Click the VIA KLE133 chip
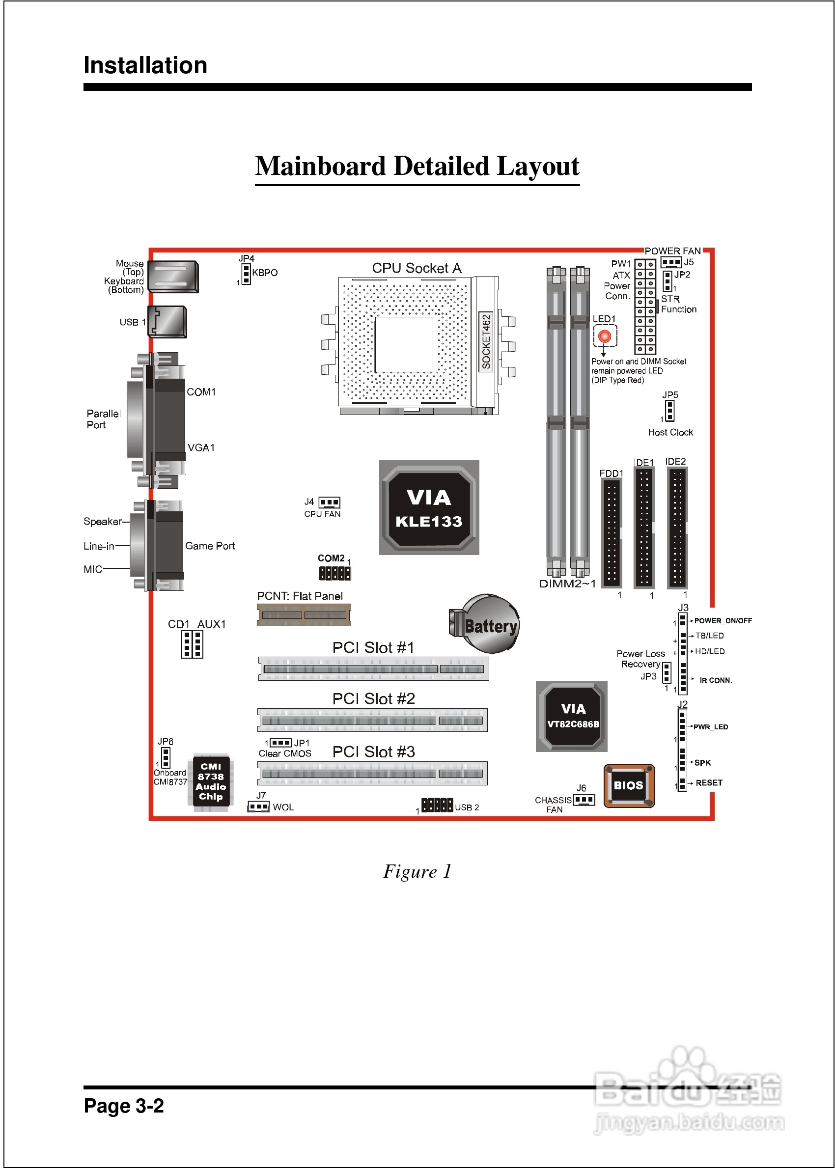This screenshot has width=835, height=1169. coord(429,507)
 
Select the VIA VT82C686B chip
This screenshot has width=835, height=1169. coord(571,716)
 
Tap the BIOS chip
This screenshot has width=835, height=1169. coord(628,785)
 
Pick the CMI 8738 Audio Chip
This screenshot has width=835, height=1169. coord(211,781)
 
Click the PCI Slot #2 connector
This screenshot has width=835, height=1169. coord(372,720)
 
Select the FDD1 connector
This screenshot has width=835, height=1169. coord(612,532)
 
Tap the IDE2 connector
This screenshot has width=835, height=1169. coord(677,528)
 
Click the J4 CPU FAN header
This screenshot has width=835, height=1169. coord(329,502)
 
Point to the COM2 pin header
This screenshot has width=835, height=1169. coord(334,573)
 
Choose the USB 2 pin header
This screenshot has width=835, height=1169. coord(437,805)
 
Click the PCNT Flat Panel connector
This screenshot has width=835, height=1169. coord(304,615)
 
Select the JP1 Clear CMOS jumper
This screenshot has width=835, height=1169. coord(280,742)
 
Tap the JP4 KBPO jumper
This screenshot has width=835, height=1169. coord(246,274)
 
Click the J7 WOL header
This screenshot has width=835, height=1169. coord(258,807)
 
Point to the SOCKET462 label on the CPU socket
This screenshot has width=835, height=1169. coord(486,341)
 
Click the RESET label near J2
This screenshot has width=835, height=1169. coord(709,782)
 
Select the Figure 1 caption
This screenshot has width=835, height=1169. coord(417,871)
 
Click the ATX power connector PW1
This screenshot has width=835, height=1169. coord(645,306)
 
